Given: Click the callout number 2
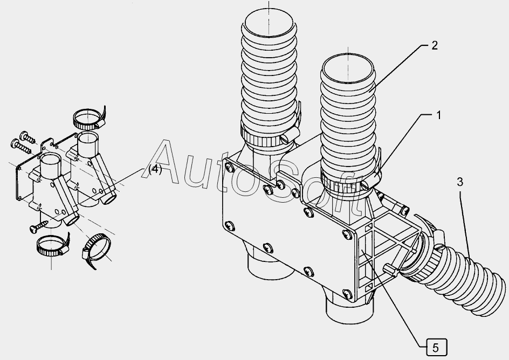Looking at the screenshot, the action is click(x=435, y=46).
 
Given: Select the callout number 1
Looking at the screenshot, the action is click(x=438, y=115).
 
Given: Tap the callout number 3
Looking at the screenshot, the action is click(x=459, y=182).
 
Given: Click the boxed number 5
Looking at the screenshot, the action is click(x=436, y=348).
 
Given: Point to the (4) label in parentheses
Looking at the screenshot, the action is click(x=155, y=169).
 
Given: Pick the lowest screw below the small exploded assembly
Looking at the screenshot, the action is click(x=38, y=227).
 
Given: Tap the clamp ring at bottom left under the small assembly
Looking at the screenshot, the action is click(x=52, y=245).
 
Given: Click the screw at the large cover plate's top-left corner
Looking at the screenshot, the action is click(x=230, y=168).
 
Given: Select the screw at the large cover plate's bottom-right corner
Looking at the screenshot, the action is click(x=347, y=294).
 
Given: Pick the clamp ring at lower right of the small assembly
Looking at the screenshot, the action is click(x=96, y=249).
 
